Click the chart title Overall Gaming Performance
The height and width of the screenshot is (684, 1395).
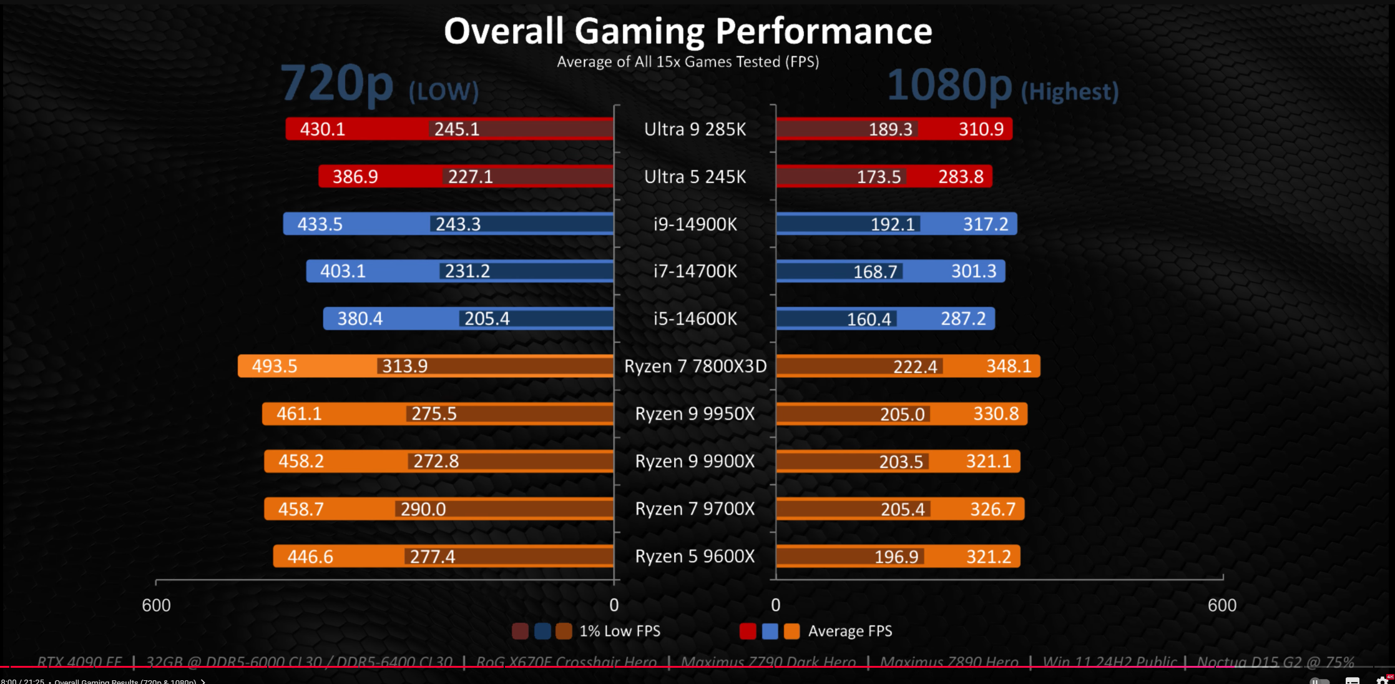688,31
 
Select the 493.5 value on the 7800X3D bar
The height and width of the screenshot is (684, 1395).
275,366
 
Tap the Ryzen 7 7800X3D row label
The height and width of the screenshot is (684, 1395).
695,366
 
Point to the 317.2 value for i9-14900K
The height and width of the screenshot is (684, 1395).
986,224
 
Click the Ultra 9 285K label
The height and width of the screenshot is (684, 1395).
695,129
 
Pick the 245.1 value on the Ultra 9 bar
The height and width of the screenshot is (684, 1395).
457,129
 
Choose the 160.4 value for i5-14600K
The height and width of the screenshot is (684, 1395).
869,319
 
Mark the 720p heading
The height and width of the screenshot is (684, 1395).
337,84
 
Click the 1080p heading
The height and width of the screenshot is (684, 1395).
949,86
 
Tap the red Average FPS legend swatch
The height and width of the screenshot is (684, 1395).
747,632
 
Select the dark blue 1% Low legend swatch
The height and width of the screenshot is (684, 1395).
542,632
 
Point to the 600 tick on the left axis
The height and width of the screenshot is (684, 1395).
156,605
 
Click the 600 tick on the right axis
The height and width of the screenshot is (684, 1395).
1221,605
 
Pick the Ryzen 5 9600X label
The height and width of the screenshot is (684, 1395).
695,556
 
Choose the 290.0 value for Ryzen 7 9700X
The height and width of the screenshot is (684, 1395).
423,509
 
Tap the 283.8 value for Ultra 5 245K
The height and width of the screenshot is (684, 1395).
961,177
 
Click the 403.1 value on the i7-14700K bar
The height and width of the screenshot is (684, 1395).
343,271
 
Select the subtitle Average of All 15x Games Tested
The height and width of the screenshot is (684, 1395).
688,62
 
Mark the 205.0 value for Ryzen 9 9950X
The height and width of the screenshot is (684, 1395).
903,414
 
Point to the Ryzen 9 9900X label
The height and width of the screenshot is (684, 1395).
695,461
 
